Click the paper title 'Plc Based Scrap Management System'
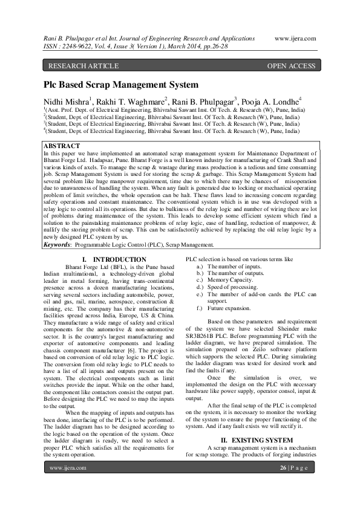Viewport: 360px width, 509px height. click(120, 86)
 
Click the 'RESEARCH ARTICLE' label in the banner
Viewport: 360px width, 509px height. click(77, 66)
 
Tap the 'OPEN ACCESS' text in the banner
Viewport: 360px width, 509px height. click(291, 66)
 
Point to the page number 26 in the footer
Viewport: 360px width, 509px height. click(283, 468)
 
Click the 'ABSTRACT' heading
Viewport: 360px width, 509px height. click(62, 146)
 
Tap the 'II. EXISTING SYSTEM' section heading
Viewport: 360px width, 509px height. click(248, 439)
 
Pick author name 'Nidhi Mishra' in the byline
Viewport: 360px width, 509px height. click(66, 102)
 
